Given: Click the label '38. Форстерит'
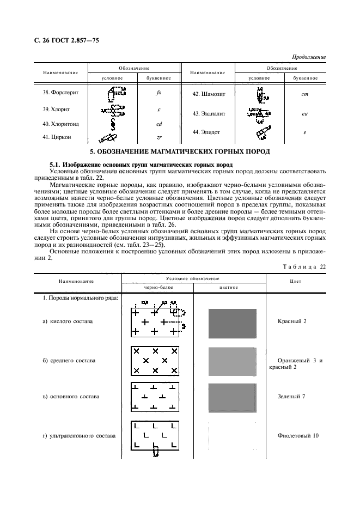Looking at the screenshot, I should pyautogui.click(x=60, y=92).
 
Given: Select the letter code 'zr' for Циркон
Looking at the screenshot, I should pyautogui.click(x=158, y=137).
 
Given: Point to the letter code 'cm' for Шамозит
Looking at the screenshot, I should pyautogui.click(x=305, y=94).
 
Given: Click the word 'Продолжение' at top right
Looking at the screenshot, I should pyautogui.click(x=309, y=57).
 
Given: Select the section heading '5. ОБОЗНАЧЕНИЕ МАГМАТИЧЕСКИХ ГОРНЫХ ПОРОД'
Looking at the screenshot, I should pyautogui.click(x=180, y=151).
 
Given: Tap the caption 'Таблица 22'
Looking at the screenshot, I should pyautogui.click(x=304, y=266).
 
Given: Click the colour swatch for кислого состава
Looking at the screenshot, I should pyautogui.click(x=233, y=323).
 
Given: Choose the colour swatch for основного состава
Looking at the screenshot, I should pyautogui.click(x=233, y=397).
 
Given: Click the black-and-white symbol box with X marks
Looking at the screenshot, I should pyautogui.click(x=155, y=361).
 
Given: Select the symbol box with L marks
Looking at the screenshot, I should pyautogui.click(x=155, y=435).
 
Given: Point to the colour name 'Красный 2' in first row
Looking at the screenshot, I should pyautogui.click(x=292, y=321).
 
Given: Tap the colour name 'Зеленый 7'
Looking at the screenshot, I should pyautogui.click(x=291, y=396).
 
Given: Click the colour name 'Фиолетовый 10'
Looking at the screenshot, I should pyautogui.click(x=298, y=435).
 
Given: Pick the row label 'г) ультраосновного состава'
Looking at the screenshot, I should pyautogui.click(x=80, y=436).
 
